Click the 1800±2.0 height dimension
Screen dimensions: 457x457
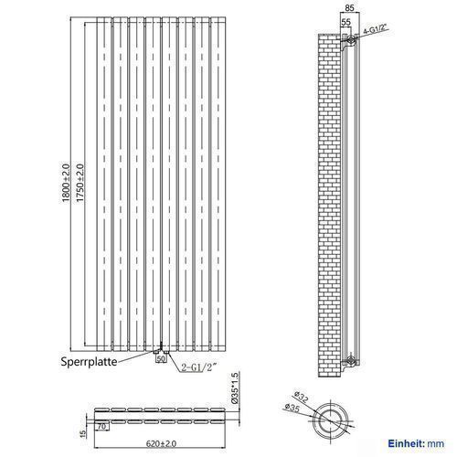66,183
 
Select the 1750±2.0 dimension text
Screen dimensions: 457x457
80,183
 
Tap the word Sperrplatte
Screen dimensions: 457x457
89,362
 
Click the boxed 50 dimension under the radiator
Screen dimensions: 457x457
161,359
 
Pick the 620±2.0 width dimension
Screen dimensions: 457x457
161,443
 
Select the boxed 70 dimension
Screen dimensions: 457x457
102,426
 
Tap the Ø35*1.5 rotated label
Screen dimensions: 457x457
236,388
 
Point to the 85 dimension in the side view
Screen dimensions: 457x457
350,8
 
